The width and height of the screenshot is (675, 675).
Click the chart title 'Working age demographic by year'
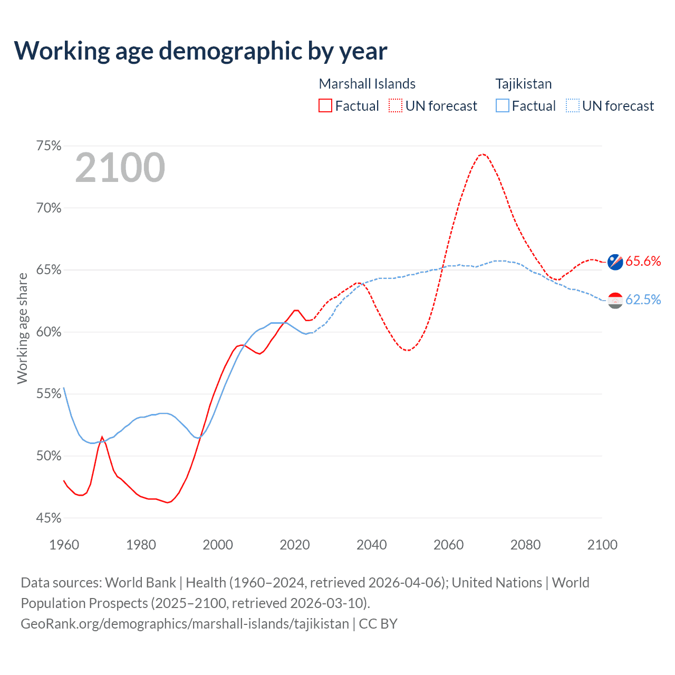(200, 51)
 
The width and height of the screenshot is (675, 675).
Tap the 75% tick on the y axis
(49, 146)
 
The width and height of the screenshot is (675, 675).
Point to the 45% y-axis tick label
(49, 518)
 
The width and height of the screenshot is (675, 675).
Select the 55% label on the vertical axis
(49, 394)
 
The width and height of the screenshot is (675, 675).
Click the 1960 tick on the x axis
(64, 545)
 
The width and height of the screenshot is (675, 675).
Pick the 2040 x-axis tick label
(371, 545)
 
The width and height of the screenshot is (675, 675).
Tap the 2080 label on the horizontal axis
(525, 545)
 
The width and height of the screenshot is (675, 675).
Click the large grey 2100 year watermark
(120, 168)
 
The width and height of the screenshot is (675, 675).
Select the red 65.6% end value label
(643, 261)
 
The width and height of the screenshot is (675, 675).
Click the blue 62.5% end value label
(643, 300)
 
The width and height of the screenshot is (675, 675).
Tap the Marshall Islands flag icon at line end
(615, 262)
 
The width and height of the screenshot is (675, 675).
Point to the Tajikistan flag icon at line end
(615, 300)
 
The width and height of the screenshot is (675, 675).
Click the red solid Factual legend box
(325, 106)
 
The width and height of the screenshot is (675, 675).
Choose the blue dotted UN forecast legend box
(573, 106)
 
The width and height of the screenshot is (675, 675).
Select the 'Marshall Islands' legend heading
(367, 84)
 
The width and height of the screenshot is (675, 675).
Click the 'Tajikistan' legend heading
(523, 84)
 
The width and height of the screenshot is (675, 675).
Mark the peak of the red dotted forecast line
(482, 154)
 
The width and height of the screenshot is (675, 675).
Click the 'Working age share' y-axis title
(22, 328)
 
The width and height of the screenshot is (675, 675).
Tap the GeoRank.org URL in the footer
(185, 624)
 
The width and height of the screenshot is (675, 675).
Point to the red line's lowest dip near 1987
(168, 503)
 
